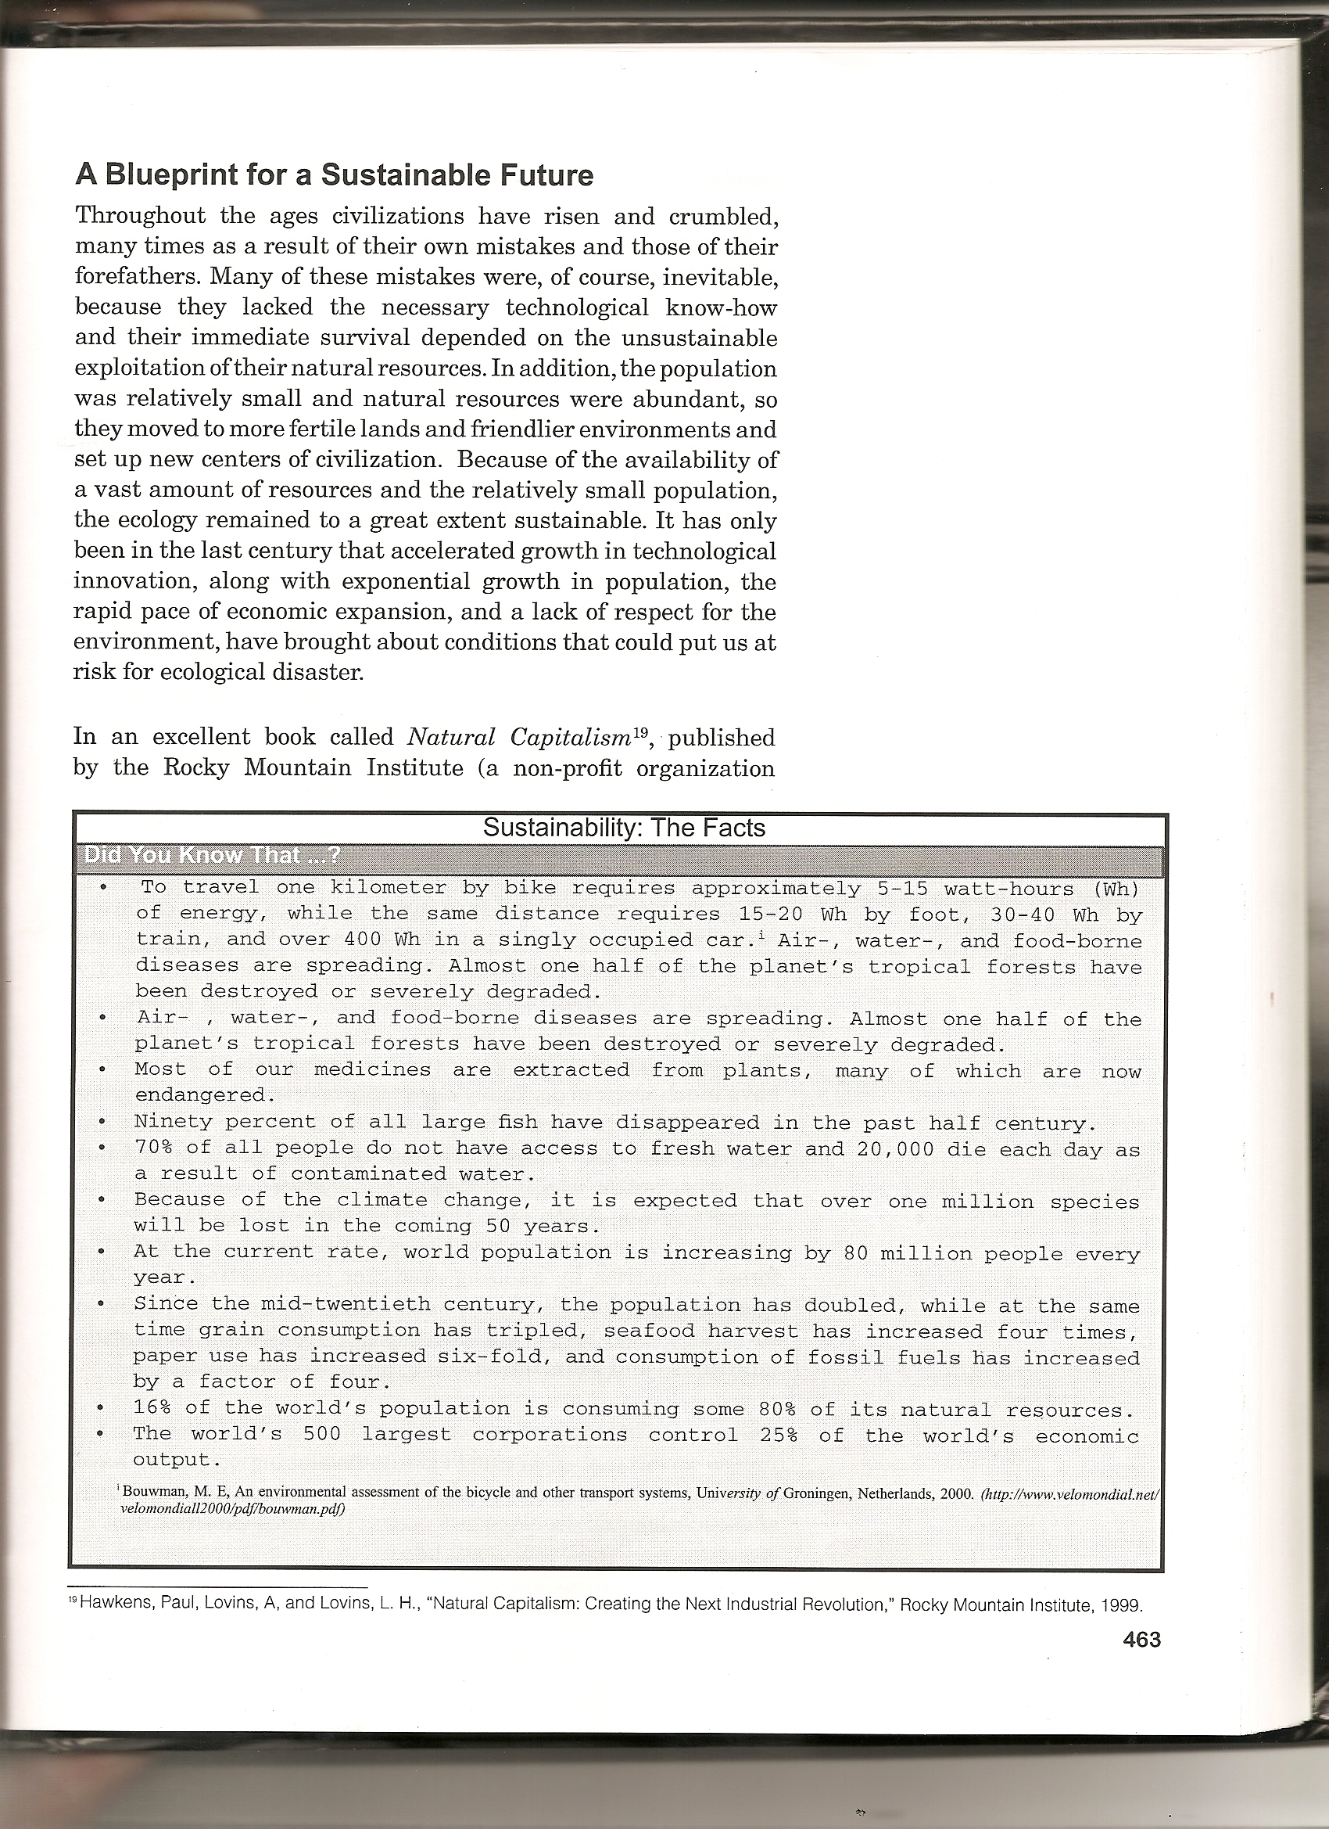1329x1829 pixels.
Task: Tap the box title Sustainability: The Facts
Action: [x=623, y=828]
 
